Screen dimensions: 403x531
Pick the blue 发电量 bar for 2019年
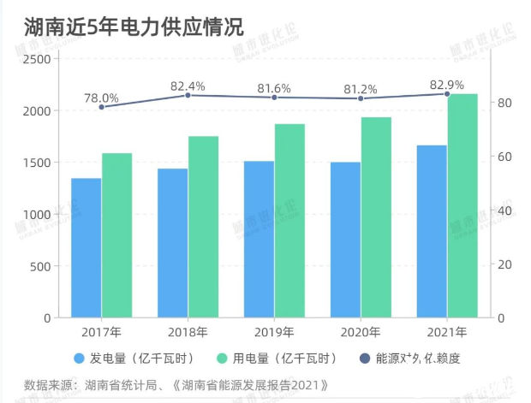click(x=259, y=239)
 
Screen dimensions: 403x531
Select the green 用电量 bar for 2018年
click(x=204, y=227)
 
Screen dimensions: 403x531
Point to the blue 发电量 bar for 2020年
click(x=345, y=240)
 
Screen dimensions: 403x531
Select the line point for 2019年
click(x=274, y=98)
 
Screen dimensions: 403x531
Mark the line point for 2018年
click(x=188, y=95)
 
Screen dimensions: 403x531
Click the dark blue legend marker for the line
click(x=364, y=358)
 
